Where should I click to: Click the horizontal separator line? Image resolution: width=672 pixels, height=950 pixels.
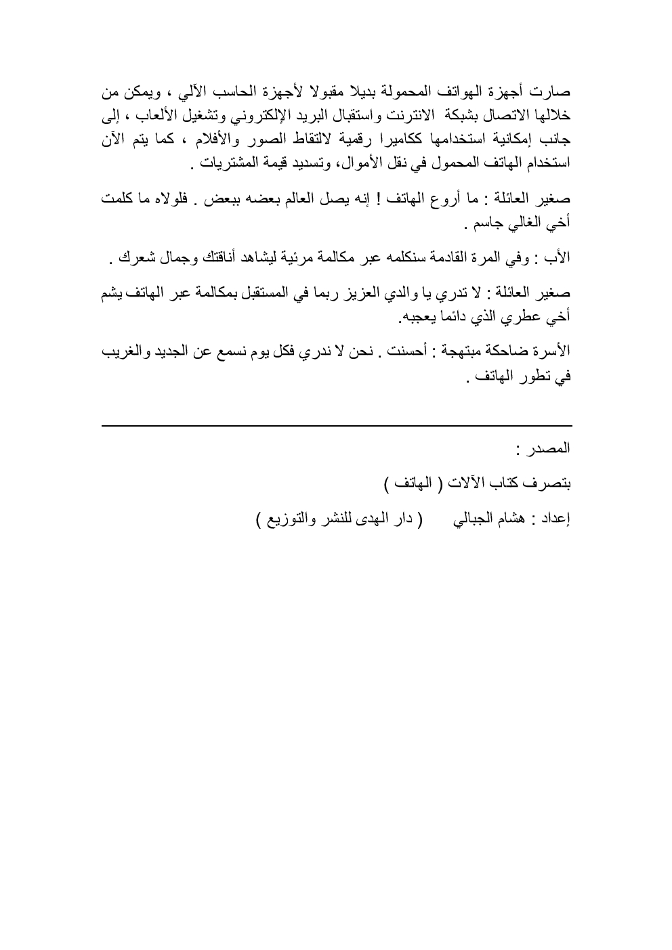click(336, 425)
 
